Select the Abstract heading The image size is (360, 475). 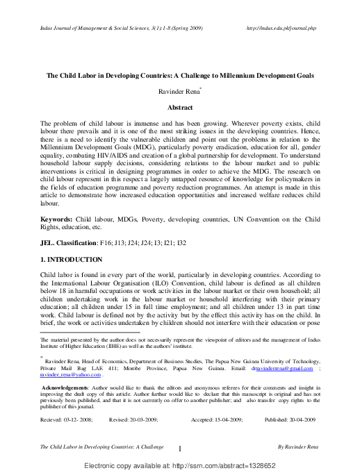click(180, 108)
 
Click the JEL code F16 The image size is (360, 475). click(104, 244)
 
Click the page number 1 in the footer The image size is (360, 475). click(179, 449)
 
